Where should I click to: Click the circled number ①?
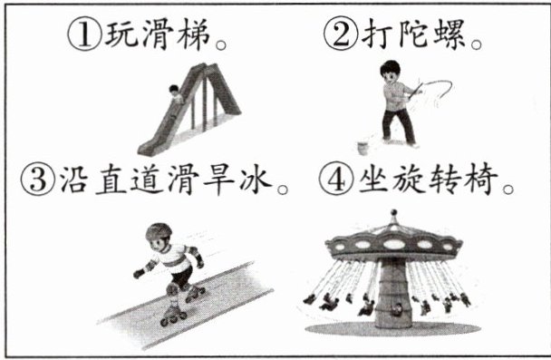click(x=84, y=34)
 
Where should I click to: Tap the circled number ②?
click(x=341, y=34)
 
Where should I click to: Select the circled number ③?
click(x=38, y=180)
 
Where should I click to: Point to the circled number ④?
click(x=336, y=179)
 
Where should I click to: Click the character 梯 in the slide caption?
click(x=194, y=34)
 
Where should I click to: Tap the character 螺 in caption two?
click(x=450, y=34)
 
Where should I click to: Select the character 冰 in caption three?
click(x=256, y=180)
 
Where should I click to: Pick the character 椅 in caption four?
click(x=481, y=179)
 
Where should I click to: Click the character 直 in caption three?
click(x=111, y=180)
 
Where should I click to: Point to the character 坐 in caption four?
click(x=374, y=179)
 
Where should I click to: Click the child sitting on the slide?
click(x=175, y=93)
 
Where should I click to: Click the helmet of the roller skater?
click(x=159, y=231)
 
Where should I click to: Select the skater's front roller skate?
click(x=173, y=315)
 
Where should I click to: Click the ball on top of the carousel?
click(x=394, y=213)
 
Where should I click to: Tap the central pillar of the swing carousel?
click(x=393, y=293)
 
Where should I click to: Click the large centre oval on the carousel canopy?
click(x=393, y=244)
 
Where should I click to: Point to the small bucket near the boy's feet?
click(x=362, y=148)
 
